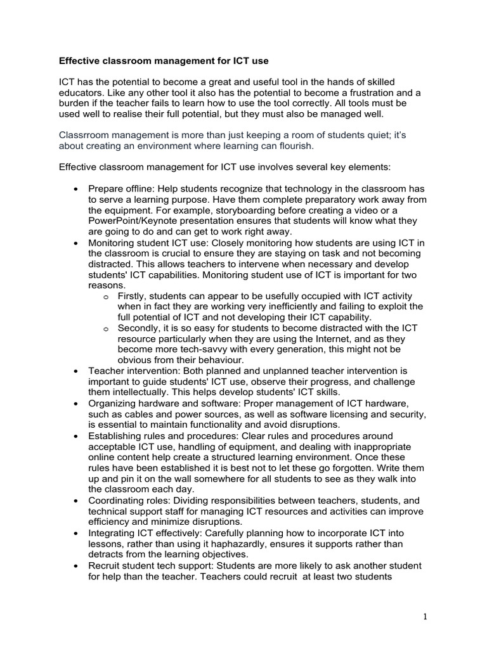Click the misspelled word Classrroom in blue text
(84, 134)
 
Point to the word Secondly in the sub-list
(140, 328)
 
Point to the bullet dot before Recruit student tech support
(76, 565)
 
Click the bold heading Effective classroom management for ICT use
(164, 61)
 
